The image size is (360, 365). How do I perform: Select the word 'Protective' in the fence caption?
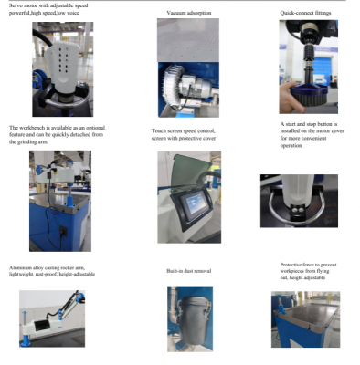click(x=297, y=265)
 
